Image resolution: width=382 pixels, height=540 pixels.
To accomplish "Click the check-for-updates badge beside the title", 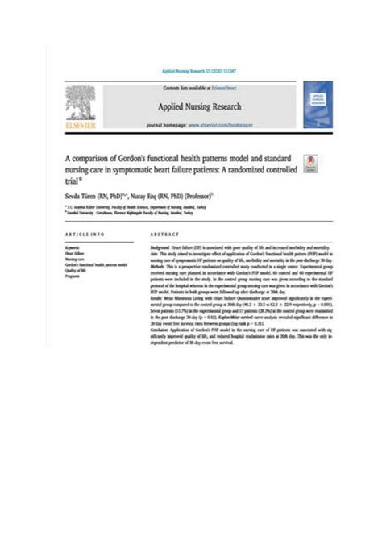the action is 310,162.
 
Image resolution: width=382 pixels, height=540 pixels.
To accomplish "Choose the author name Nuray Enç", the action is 147,196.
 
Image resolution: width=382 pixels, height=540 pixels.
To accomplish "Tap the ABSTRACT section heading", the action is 164,234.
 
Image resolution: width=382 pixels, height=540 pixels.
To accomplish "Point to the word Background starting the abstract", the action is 164,243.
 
